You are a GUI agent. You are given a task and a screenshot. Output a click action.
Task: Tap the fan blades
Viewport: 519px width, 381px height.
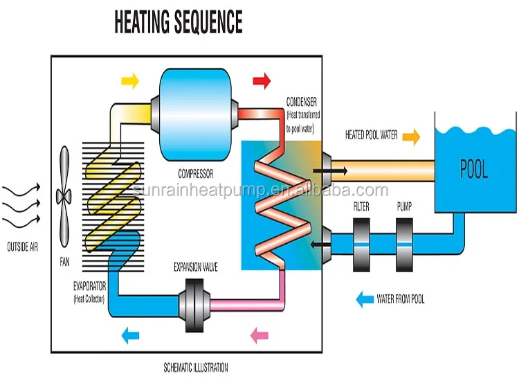point(64,197)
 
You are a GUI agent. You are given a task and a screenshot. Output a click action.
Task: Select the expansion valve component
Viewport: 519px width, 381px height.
point(194,305)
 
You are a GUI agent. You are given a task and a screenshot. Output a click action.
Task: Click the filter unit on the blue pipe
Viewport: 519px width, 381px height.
point(361,245)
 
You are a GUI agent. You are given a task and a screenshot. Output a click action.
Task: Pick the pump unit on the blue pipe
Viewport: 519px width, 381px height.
point(405,245)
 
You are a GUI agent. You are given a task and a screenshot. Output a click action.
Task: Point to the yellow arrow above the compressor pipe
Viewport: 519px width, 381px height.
point(130,80)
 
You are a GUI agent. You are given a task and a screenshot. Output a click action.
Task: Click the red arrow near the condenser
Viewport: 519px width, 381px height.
point(262,81)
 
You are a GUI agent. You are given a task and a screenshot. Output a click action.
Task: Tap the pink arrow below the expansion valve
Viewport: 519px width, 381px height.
point(259,335)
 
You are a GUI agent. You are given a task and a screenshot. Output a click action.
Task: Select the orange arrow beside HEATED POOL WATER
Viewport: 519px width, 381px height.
point(412,136)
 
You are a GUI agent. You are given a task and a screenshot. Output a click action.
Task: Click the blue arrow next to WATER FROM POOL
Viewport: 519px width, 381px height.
point(365,299)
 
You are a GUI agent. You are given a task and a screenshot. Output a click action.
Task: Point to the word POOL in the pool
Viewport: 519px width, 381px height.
point(474,169)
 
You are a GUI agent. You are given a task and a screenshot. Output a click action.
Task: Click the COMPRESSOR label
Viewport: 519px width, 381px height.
point(196,174)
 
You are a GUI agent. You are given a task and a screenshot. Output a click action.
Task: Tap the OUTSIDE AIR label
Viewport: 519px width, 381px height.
point(23,247)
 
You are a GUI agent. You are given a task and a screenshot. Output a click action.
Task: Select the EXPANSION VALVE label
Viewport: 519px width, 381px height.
point(196,267)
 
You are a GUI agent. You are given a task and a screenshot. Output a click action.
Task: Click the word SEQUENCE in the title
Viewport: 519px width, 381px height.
point(208,21)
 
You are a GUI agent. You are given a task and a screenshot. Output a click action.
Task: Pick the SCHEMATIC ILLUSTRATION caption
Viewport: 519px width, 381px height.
point(196,368)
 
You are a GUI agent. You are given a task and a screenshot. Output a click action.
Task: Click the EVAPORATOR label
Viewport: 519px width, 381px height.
point(90,286)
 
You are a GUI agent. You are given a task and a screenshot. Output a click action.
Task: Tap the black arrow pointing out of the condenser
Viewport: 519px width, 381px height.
point(330,171)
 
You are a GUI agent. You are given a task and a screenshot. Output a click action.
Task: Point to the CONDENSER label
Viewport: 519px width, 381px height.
point(302,102)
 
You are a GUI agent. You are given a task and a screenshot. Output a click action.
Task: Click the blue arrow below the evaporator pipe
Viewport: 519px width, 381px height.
point(130,335)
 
